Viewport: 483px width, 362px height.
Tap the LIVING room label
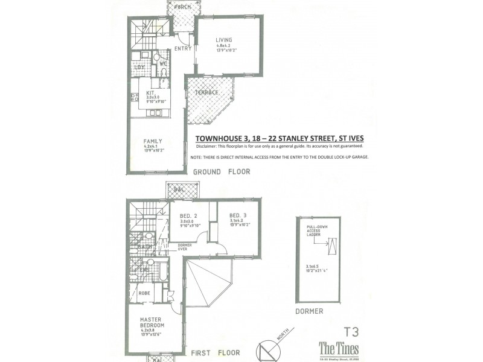224,41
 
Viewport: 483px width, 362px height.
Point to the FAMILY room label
144,141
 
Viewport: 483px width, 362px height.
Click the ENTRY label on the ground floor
182,49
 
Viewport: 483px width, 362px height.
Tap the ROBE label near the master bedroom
144,293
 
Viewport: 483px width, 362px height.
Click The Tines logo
338,349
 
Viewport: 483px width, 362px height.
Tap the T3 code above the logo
351,331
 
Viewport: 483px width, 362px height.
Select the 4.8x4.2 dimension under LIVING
224,46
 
